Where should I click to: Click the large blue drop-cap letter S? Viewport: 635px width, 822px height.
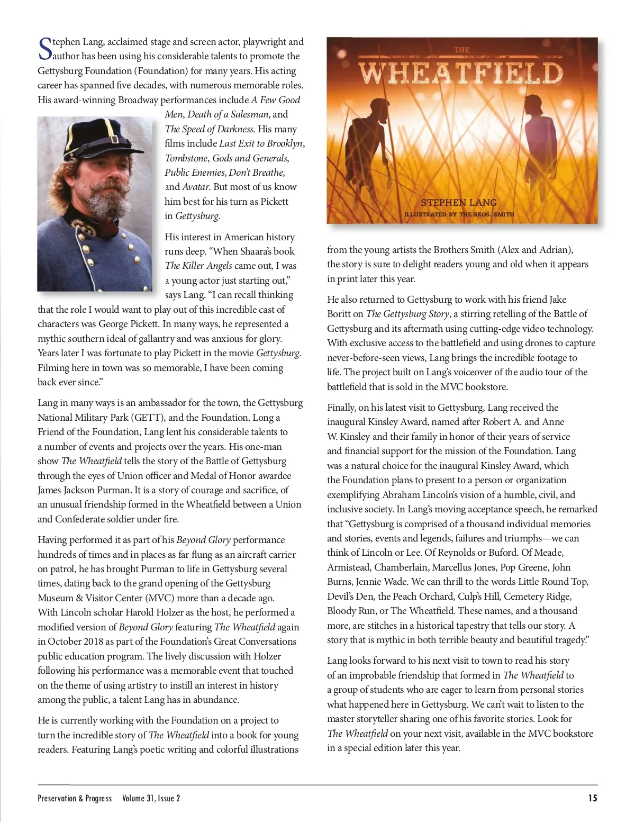coord(46,49)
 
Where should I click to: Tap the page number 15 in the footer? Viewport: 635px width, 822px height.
coord(593,798)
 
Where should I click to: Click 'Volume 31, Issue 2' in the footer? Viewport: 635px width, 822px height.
coord(151,798)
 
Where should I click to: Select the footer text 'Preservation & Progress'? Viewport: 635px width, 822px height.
coord(75,798)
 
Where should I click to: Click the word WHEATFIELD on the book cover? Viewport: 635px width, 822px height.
coord(461,73)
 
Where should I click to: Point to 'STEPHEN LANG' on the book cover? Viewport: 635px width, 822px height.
coord(459,202)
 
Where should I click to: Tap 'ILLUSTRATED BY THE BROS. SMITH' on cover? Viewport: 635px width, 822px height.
coord(459,214)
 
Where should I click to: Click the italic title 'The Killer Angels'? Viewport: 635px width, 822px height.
coord(198,266)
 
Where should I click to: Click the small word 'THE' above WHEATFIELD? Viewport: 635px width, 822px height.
coord(462,50)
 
